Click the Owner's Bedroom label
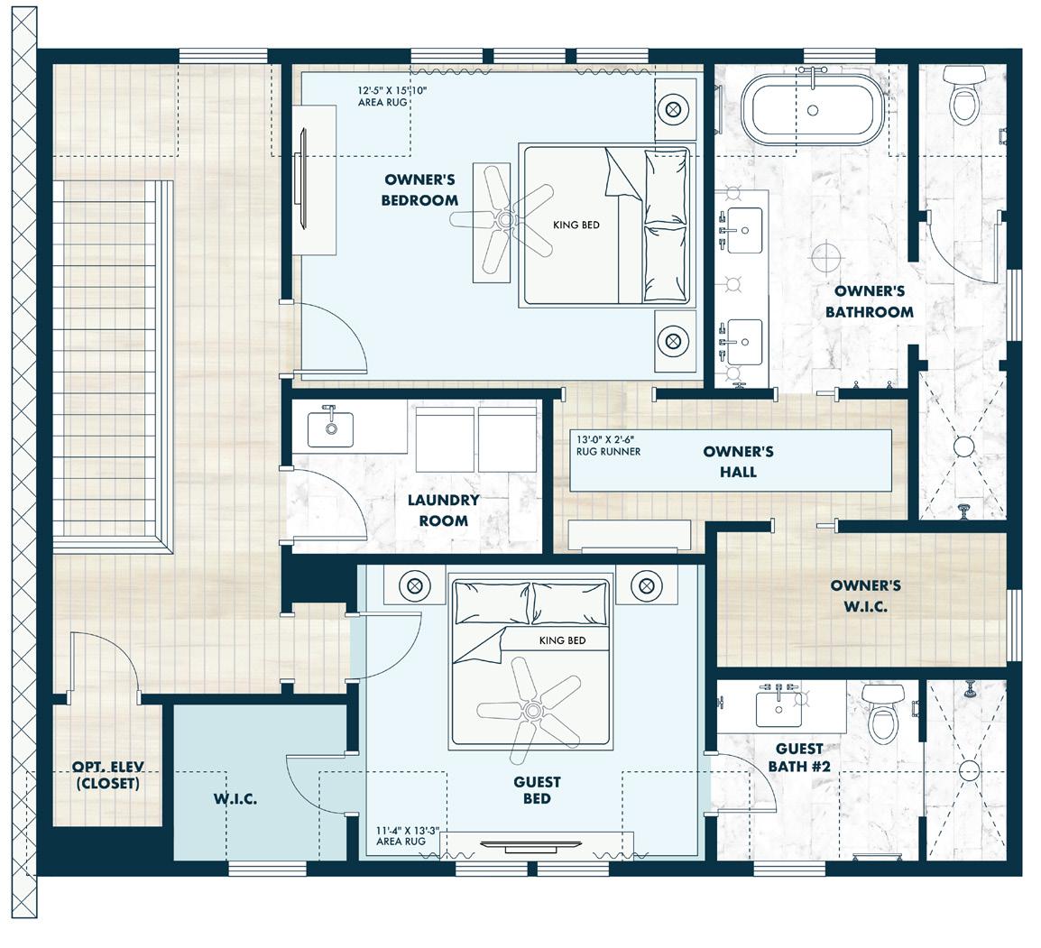tap(419, 189)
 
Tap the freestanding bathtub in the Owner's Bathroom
tap(813, 110)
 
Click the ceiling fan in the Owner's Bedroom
tap(502, 219)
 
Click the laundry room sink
tap(330, 429)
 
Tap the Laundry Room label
tap(443, 510)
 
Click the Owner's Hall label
tap(738, 461)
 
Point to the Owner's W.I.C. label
tap(865, 595)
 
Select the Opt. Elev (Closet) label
tap(107, 776)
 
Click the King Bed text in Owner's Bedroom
tap(576, 225)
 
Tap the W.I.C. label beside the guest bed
tap(235, 799)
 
